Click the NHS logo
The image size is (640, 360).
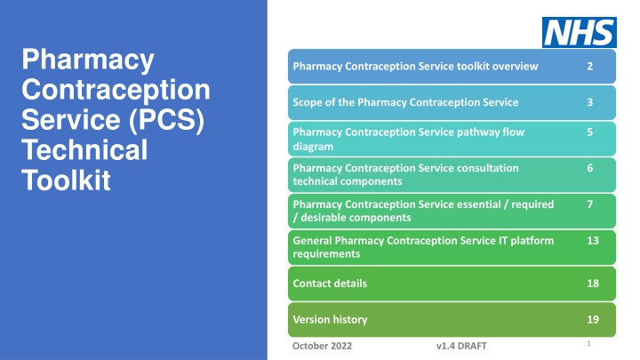[x=579, y=32]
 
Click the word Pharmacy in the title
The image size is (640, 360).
[x=88, y=62]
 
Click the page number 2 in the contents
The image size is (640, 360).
[x=590, y=67]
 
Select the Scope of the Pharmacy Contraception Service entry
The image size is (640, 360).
[x=405, y=102]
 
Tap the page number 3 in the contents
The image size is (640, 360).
[x=590, y=102]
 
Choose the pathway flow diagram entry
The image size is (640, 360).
[x=408, y=140]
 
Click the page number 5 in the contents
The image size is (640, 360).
[x=590, y=132]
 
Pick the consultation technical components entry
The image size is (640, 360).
[x=404, y=174]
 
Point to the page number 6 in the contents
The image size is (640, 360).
[x=590, y=167]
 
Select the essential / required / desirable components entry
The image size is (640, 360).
[x=422, y=211]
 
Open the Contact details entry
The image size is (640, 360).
[x=330, y=284]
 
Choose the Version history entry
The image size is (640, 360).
[x=330, y=318]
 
